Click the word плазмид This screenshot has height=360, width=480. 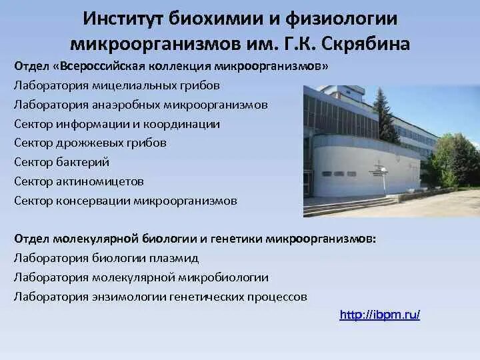177,257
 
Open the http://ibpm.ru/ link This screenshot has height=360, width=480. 379,315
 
